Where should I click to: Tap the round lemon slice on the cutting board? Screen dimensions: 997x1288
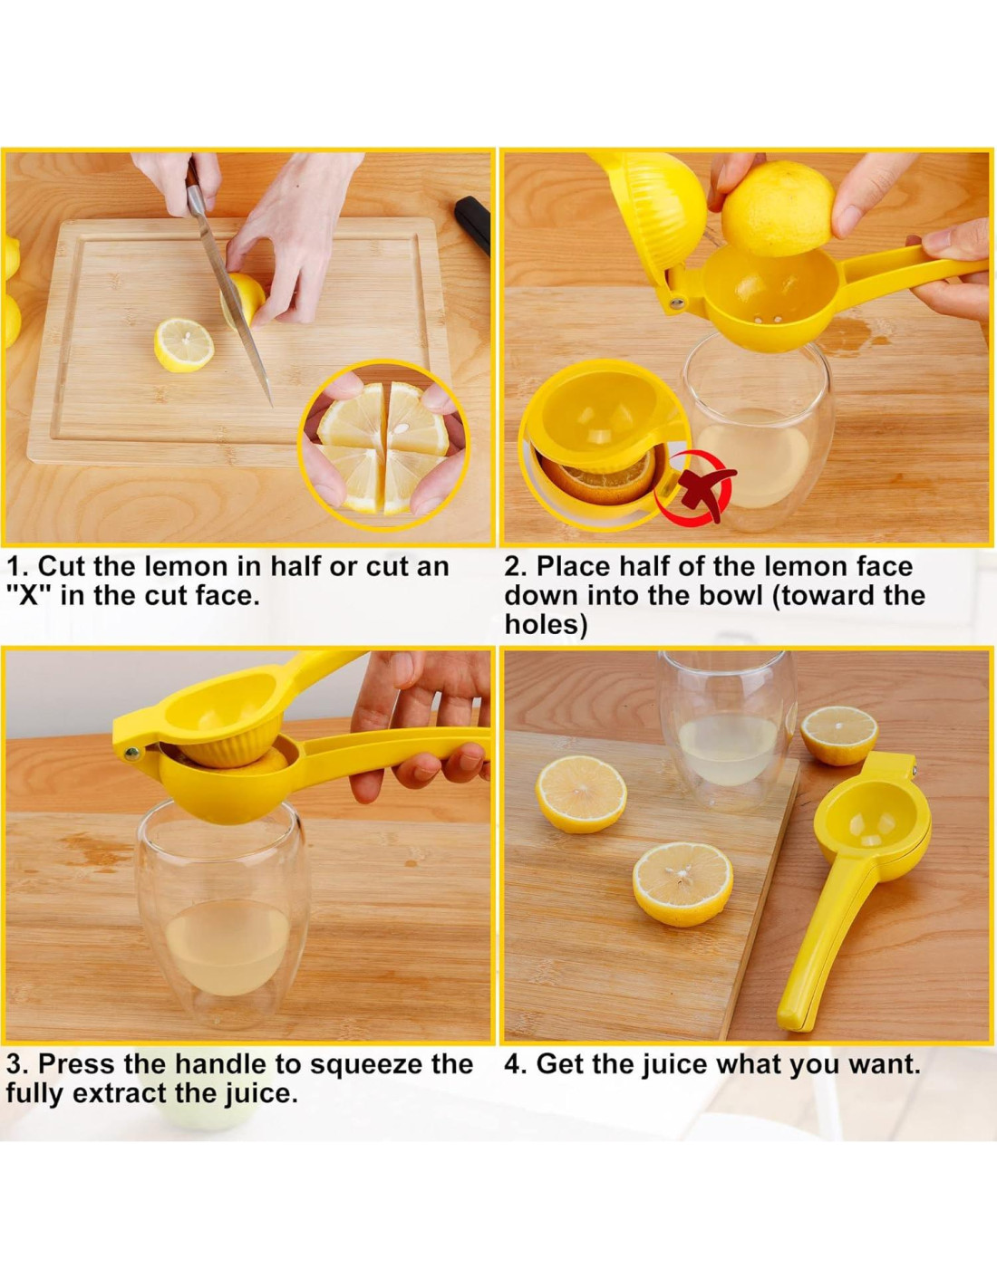(x=184, y=345)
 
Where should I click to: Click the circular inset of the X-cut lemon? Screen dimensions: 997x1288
(x=384, y=445)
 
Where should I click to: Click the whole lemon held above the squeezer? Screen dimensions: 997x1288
(x=778, y=208)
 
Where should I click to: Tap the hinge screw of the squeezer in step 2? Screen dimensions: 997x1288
(x=676, y=304)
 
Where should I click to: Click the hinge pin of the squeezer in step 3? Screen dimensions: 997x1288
(x=131, y=754)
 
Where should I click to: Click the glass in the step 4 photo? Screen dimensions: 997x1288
(x=729, y=733)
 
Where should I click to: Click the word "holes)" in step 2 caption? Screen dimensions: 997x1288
(x=546, y=625)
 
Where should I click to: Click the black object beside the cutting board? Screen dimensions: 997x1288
(x=472, y=225)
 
